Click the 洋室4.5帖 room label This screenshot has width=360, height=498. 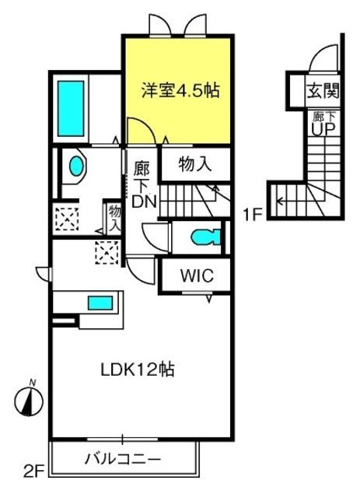tap(180, 90)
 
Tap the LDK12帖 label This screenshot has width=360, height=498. tap(138, 370)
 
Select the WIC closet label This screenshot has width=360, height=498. tap(197, 275)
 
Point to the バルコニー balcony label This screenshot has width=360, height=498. tap(123, 459)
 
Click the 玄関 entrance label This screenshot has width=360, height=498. tap(323, 91)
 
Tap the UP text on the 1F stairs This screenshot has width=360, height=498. tap(323, 129)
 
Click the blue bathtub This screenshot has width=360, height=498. tap(71, 108)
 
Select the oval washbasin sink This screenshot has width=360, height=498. tap(76, 166)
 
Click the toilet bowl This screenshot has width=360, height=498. tap(205, 237)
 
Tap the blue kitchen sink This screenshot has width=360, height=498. tap(100, 303)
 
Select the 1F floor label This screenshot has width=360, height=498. tap(252, 216)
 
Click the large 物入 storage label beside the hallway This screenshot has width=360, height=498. tap(194, 164)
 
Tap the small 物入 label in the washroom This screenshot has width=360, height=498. tap(114, 218)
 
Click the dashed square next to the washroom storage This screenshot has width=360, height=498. tap(67, 219)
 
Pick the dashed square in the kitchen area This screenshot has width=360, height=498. tap(107, 252)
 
